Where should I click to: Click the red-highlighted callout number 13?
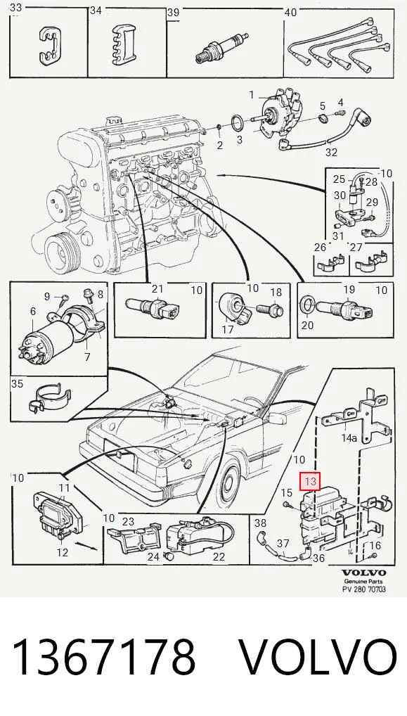pyautogui.click(x=310, y=481)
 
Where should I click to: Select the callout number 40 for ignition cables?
pyautogui.click(x=290, y=13)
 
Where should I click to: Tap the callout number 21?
pyautogui.click(x=157, y=288)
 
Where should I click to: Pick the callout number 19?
pyautogui.click(x=349, y=289)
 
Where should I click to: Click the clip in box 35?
pyautogui.click(x=51, y=397)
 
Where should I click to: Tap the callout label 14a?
pyautogui.click(x=349, y=438)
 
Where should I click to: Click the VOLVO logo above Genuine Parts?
pyautogui.click(x=363, y=572)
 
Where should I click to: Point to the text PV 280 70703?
pyautogui.click(x=364, y=589)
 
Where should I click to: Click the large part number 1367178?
pyautogui.click(x=103, y=658)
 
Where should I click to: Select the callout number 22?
pyautogui.click(x=219, y=556)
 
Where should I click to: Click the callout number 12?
pyautogui.click(x=62, y=553)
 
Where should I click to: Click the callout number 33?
pyautogui.click(x=15, y=8)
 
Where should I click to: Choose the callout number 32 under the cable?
pyautogui.click(x=331, y=152)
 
